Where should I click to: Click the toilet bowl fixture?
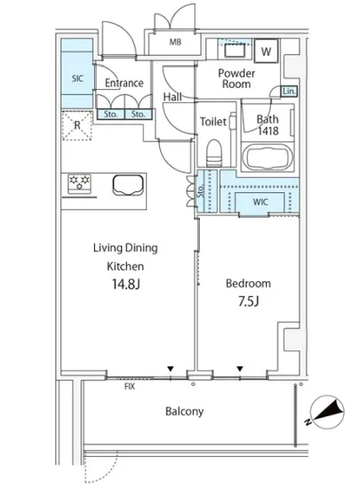[215, 153]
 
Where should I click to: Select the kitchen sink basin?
[128, 184]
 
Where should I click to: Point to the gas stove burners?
[79, 183]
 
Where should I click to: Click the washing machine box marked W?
[266, 51]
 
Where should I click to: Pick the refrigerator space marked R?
[77, 125]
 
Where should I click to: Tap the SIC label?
[77, 78]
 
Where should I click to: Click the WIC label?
[260, 202]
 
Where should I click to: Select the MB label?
[175, 42]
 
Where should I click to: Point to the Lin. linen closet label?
[289, 91]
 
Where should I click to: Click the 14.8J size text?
[126, 284]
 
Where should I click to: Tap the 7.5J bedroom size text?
[249, 301]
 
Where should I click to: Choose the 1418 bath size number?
[268, 131]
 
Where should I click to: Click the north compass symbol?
[327, 413]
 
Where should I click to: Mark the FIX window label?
[130, 387]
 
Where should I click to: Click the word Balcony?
[185, 412]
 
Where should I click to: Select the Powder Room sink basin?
[235, 50]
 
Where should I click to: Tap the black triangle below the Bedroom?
[240, 369]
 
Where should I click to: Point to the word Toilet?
[213, 121]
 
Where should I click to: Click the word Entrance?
[124, 83]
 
